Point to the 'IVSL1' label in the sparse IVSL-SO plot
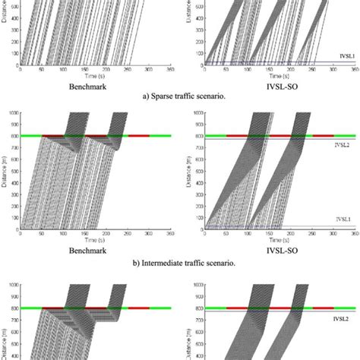click(x=339, y=56)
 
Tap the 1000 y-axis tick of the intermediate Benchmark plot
click(x=13, y=113)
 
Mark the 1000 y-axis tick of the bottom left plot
click(x=13, y=286)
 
